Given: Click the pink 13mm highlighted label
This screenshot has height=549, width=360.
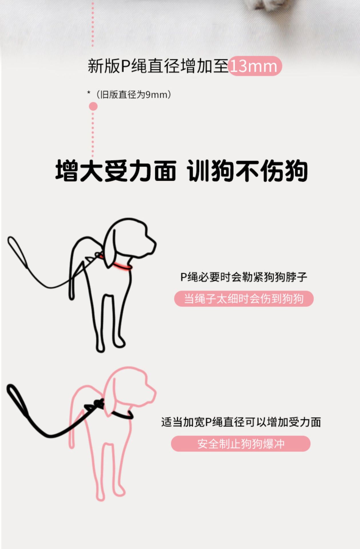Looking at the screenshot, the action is click(x=255, y=66).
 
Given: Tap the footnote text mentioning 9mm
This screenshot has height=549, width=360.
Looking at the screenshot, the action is click(x=129, y=94).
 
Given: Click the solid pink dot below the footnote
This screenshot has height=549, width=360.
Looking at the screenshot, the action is click(x=93, y=106).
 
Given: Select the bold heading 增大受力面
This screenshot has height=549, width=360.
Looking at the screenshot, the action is click(x=116, y=171).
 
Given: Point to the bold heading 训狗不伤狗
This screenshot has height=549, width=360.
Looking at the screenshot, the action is click(x=247, y=171).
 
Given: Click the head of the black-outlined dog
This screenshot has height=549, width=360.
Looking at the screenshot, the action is click(x=130, y=240).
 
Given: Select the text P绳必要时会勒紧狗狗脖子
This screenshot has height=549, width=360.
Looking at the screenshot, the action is click(x=244, y=277).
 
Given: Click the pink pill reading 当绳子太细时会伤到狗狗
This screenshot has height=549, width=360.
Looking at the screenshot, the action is click(x=244, y=299).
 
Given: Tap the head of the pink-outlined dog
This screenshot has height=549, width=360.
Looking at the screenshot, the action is click(x=130, y=389).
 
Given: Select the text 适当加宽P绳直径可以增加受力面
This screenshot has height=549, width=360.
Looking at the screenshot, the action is click(x=241, y=422).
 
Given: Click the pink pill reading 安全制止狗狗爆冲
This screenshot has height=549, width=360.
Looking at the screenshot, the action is click(x=241, y=444).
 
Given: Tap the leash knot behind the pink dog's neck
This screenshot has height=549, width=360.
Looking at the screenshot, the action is click(x=99, y=403).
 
